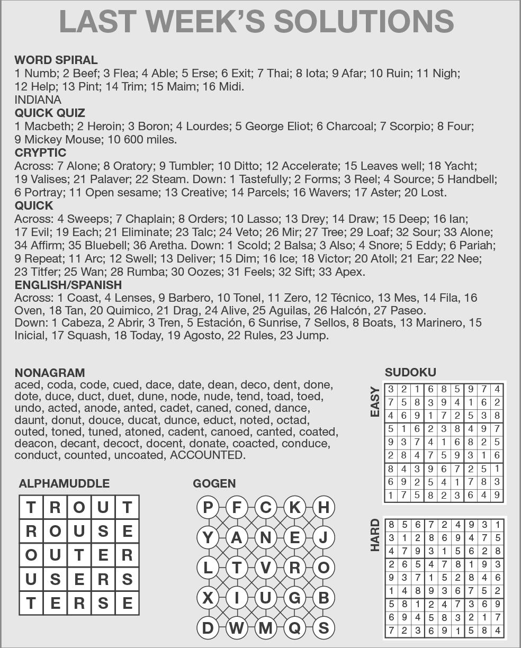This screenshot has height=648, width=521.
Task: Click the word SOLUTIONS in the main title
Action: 363,21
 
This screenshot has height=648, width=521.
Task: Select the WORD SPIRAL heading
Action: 56,60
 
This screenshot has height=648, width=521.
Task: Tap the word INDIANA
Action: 38,100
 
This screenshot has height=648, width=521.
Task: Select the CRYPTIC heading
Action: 40,152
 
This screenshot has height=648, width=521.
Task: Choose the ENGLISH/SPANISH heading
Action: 68,285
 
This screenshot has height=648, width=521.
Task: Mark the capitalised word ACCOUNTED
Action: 207,455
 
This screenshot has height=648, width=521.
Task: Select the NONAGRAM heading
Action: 49,372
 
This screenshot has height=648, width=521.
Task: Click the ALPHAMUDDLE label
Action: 64,483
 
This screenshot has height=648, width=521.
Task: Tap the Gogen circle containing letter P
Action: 208,507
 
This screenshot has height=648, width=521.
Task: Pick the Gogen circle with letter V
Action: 266,568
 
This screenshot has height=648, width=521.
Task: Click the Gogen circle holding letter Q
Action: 294,628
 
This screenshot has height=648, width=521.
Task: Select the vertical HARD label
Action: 375,535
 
